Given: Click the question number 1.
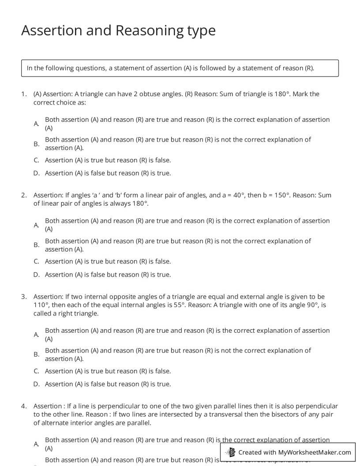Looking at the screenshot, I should coord(23,94).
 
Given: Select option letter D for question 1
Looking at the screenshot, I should coord(37,173).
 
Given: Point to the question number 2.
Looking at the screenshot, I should coord(23,195).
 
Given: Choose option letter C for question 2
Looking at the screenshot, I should coord(37,262).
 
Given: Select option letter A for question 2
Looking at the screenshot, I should coord(37,225).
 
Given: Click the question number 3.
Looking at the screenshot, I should coord(23,297).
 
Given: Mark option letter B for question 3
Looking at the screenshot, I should coord(37,354).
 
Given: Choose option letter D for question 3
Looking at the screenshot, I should coord(37,384).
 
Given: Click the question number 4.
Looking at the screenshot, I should coord(23,406).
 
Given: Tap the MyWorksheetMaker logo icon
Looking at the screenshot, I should coord(230,452).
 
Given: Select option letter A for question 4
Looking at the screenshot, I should coord(37,444).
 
